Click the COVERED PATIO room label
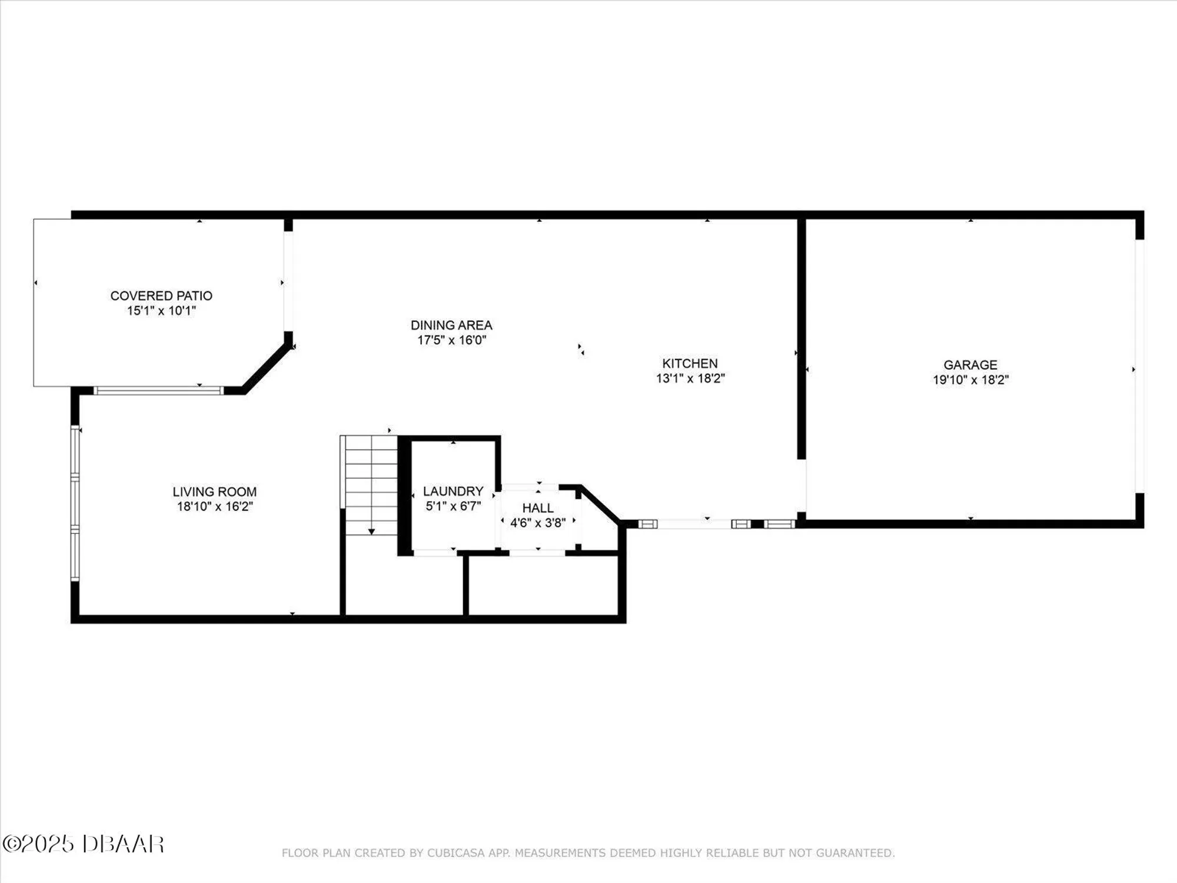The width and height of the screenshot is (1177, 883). pyautogui.click(x=161, y=296)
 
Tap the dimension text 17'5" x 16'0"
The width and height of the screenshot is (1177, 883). pyautogui.click(x=451, y=340)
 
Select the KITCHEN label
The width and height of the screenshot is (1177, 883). pyautogui.click(x=690, y=363)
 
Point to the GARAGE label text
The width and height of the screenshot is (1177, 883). pyautogui.click(x=970, y=365)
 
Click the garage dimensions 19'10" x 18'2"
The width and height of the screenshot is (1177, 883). pyautogui.click(x=970, y=380)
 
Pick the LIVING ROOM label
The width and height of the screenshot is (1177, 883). pyautogui.click(x=214, y=492)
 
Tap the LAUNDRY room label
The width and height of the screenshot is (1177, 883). pyautogui.click(x=453, y=491)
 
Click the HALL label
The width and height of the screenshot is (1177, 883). pyautogui.click(x=538, y=508)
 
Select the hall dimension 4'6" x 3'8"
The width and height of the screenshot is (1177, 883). pyautogui.click(x=538, y=523)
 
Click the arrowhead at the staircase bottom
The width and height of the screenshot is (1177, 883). pyautogui.click(x=371, y=532)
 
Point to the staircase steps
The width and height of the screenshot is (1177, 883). pyautogui.click(x=371, y=483)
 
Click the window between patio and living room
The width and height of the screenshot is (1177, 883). pyautogui.click(x=158, y=390)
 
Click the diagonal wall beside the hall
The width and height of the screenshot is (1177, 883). pyautogui.click(x=600, y=503)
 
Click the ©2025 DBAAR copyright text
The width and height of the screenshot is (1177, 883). pyautogui.click(x=83, y=844)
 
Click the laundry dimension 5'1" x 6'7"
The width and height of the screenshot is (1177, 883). pyautogui.click(x=453, y=506)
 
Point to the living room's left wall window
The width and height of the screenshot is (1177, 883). pyautogui.click(x=75, y=503)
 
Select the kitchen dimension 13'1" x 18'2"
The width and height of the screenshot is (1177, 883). pyautogui.click(x=690, y=379)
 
